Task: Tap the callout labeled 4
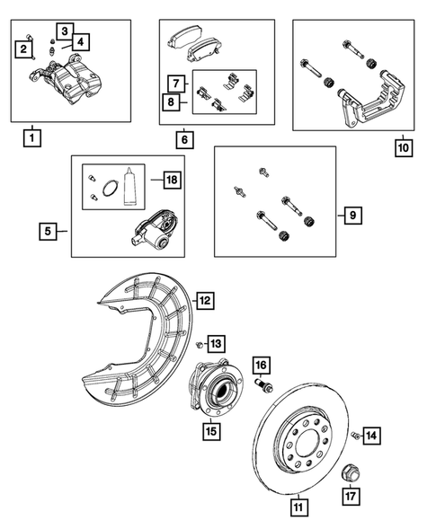pos(81,41)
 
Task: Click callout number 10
pos(403,146)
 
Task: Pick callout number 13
pos(216,343)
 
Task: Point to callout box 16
pos(260,364)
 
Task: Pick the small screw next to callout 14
pos(356,436)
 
